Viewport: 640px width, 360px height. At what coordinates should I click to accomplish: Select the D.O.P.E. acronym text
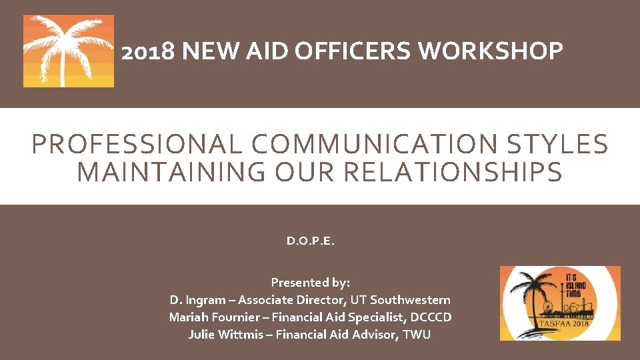(x=310, y=241)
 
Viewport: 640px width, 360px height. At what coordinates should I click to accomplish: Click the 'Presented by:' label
(x=310, y=282)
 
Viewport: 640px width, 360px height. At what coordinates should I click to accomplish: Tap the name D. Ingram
(x=198, y=300)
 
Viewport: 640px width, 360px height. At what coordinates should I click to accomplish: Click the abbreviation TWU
(x=417, y=335)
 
